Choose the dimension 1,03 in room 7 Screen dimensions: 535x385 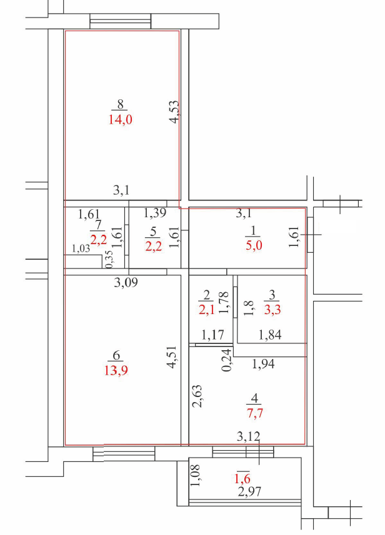point(81,248)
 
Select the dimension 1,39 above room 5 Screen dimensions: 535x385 point(154,214)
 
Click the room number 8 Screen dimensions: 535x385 point(121,105)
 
